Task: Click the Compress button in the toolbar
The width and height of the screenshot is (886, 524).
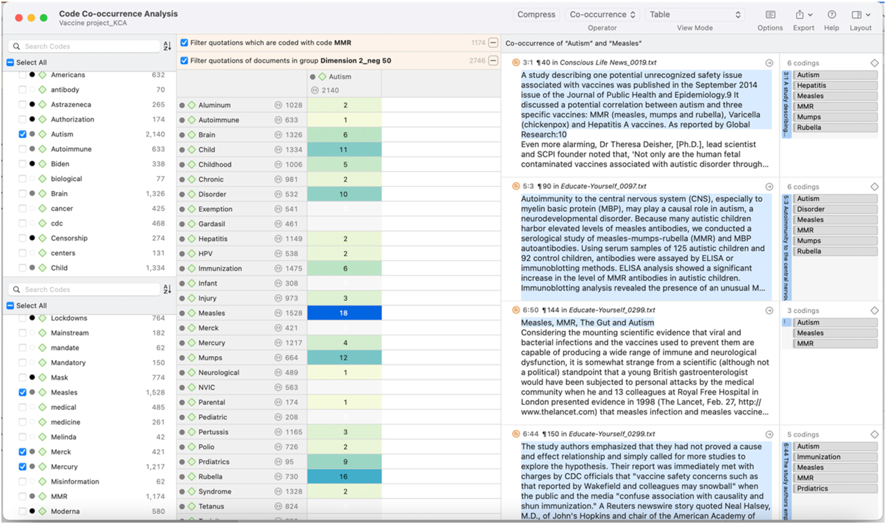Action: click(536, 15)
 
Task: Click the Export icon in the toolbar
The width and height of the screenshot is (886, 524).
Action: click(800, 15)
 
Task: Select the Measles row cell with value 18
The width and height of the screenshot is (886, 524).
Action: click(344, 313)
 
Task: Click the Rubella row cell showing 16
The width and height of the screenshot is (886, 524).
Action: click(344, 476)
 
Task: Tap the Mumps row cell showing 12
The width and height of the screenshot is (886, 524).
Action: click(344, 358)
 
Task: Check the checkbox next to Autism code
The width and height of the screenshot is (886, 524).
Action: click(23, 134)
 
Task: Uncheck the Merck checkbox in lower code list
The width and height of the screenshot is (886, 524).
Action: click(23, 452)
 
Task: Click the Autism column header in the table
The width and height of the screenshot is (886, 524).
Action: click(339, 77)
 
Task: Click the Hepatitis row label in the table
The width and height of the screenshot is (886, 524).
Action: click(213, 239)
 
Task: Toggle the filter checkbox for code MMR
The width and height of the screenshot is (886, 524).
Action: click(184, 43)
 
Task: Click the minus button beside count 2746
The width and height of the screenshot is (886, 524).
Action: click(493, 61)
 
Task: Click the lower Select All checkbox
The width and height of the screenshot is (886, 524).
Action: click(10, 306)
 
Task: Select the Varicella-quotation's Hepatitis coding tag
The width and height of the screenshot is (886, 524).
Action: click(835, 86)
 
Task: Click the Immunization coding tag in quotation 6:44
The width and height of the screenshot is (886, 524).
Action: click(835, 457)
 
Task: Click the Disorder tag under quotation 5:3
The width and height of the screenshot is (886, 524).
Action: click(835, 209)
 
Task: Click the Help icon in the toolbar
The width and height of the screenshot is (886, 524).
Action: click(831, 15)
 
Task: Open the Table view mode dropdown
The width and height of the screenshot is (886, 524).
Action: click(694, 15)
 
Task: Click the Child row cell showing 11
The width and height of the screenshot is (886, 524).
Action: click(344, 150)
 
